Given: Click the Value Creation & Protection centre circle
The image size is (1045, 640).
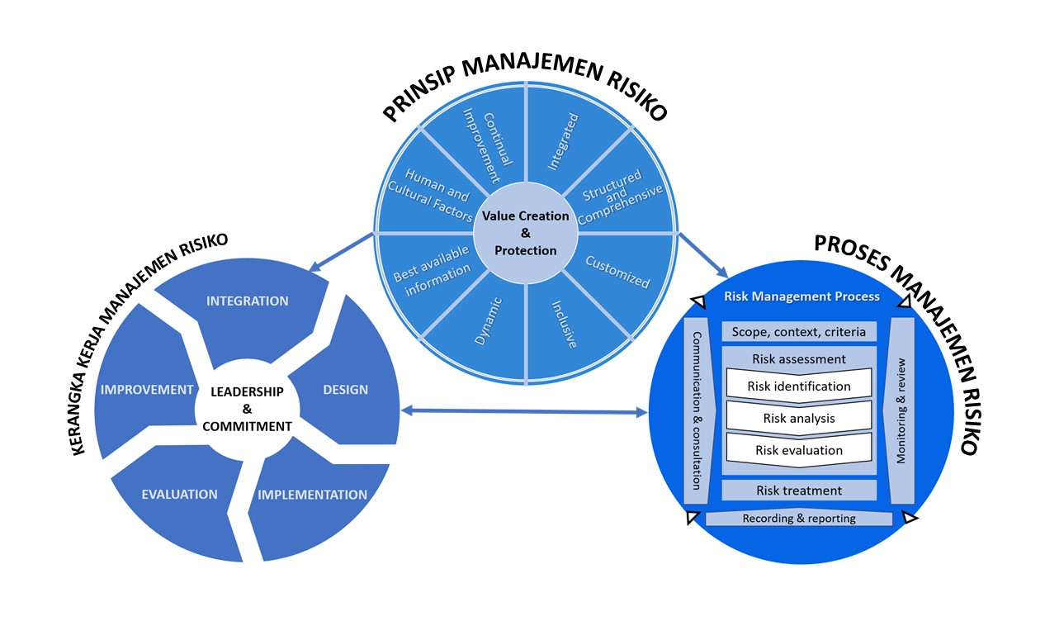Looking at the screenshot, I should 527,233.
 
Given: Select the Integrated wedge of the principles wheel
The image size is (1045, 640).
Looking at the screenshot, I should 564,141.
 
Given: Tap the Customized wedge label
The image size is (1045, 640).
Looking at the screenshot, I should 617,271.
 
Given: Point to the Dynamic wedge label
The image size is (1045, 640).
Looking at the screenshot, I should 489,321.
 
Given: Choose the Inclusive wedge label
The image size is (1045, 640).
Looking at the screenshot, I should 564,325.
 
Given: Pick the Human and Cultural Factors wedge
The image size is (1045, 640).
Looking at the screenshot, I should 430,195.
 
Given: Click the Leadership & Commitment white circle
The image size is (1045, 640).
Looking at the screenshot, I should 247,409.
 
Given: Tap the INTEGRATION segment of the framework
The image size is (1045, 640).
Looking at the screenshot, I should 248,301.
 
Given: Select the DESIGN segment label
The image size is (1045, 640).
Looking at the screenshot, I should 345,390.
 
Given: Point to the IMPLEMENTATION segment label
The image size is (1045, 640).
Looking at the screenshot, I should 312,495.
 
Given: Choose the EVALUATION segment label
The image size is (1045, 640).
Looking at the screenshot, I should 179,495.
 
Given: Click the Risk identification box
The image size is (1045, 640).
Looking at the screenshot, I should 798,386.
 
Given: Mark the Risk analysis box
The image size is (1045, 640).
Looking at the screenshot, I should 798,418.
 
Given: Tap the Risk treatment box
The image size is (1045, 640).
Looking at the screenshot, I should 798,491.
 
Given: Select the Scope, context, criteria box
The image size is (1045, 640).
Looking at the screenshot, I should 798,332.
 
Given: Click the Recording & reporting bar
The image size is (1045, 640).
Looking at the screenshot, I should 798,519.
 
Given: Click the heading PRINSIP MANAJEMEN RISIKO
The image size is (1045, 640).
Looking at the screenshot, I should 525,90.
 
